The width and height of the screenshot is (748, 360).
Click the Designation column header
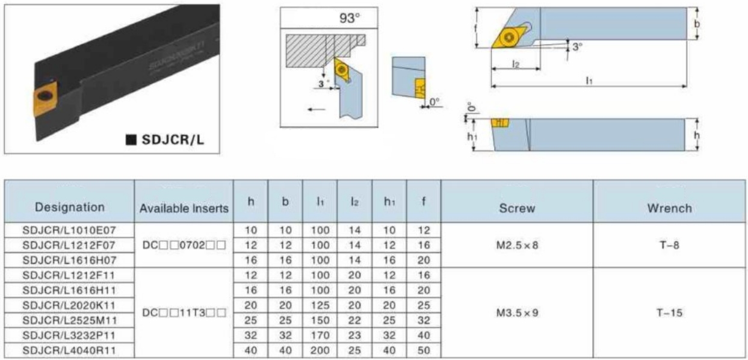pyautogui.click(x=69, y=207)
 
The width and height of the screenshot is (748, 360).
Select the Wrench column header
pyautogui.click(x=669, y=208)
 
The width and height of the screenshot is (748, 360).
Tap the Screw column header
pyautogui.click(x=517, y=208)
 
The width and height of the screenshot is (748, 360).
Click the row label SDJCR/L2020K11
pyautogui.click(x=69, y=305)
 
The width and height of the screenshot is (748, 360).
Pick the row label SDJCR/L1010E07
pyautogui.click(x=69, y=229)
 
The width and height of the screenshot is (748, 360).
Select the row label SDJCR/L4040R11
pyautogui.click(x=69, y=350)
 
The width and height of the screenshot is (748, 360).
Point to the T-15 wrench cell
pyautogui.click(x=669, y=312)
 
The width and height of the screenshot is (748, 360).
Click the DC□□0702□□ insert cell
pyautogui.click(x=184, y=245)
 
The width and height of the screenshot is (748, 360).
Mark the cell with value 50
pyautogui.click(x=423, y=350)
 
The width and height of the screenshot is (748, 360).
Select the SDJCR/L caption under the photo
pyautogui.click(x=172, y=140)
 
